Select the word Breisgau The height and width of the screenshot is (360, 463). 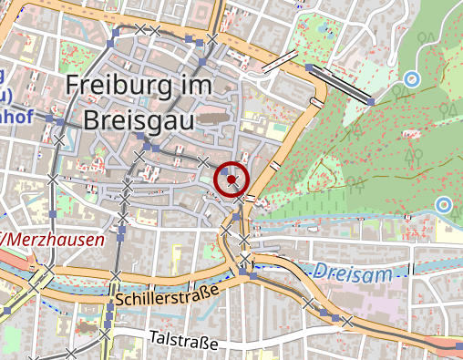pos(142,119)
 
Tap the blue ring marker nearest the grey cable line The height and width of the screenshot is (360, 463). pos(412,79)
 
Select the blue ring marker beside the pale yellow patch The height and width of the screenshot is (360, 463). pos(444,204)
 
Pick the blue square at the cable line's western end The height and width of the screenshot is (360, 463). pos(309,67)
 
